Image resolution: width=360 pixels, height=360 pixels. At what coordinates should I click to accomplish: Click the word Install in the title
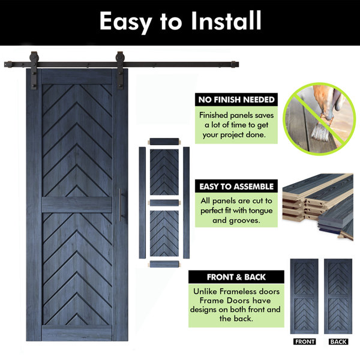click(226, 20)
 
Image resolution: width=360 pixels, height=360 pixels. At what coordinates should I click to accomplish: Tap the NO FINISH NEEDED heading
click(236, 100)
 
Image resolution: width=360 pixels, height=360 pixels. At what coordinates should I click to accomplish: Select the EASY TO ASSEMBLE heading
click(236, 187)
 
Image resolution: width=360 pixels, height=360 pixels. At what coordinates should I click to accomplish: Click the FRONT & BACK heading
click(236, 277)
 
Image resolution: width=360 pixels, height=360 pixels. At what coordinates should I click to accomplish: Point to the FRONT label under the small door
click(304, 341)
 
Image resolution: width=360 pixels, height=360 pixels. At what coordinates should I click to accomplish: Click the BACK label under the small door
click(338, 341)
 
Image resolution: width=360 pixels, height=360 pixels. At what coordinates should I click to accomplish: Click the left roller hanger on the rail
click(34, 70)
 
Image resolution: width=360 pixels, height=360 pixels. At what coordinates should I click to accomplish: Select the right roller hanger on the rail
click(119, 70)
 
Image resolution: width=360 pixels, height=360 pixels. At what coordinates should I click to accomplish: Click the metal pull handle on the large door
click(120, 205)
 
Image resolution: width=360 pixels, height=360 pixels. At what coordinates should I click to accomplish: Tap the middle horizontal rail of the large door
click(77, 205)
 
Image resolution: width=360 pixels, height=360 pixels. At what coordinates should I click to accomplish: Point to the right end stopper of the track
click(235, 64)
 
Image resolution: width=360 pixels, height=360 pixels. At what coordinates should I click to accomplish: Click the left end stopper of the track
click(8, 64)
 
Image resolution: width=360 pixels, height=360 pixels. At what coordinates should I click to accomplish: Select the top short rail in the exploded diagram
click(164, 141)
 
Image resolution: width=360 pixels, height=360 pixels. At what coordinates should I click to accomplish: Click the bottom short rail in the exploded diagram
click(164, 264)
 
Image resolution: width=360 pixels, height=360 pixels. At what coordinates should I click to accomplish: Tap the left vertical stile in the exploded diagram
click(142, 203)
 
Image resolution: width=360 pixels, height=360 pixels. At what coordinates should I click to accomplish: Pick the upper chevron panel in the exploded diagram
click(164, 172)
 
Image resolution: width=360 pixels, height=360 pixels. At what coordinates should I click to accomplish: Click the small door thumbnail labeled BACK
click(338, 296)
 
